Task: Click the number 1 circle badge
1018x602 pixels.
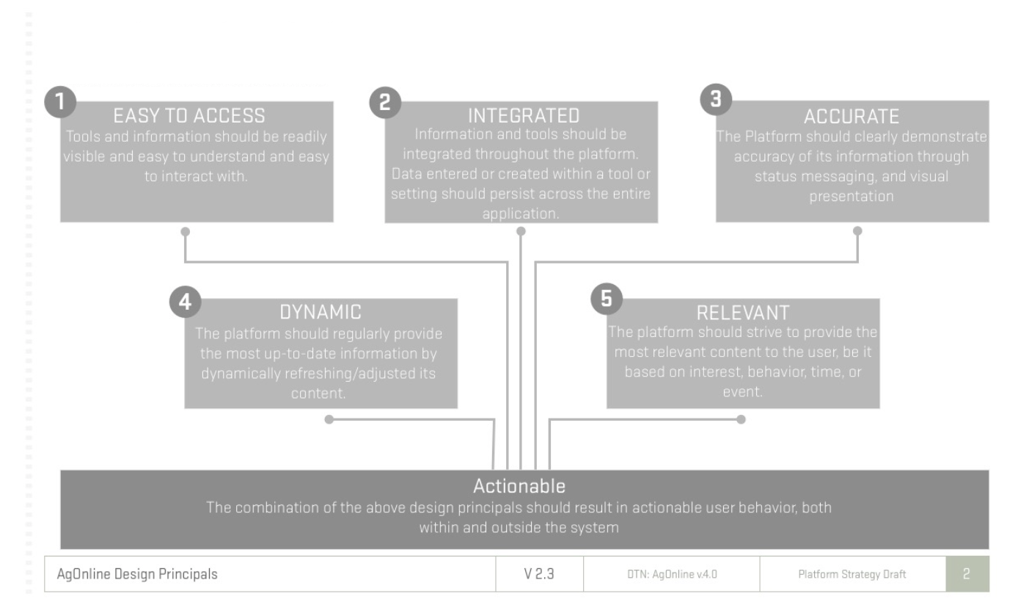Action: tap(60, 101)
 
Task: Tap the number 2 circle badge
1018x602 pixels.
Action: tap(385, 102)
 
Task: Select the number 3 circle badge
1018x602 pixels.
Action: tap(716, 99)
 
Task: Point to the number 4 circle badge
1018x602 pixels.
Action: tap(185, 302)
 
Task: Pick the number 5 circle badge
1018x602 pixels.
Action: tap(607, 299)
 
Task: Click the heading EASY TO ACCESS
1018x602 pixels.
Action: tap(189, 115)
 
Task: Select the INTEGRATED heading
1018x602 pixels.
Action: tap(524, 115)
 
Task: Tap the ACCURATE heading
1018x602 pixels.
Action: tap(852, 117)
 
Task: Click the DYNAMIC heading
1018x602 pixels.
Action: tap(321, 312)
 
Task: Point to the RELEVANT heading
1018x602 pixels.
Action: tap(743, 313)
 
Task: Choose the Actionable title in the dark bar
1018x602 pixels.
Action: tap(519, 486)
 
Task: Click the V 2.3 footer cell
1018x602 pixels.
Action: tap(539, 574)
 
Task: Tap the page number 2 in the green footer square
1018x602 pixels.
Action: tap(967, 574)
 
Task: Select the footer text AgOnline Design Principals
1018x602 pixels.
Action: tap(137, 574)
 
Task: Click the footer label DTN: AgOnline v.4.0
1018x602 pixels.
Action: tap(672, 574)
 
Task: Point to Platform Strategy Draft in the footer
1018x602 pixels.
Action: tap(852, 574)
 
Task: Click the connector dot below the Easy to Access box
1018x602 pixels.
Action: tap(185, 231)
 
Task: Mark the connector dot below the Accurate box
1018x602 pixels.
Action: tap(857, 231)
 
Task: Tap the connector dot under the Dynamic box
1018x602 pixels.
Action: tap(329, 419)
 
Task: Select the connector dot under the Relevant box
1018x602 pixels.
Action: tap(741, 419)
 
